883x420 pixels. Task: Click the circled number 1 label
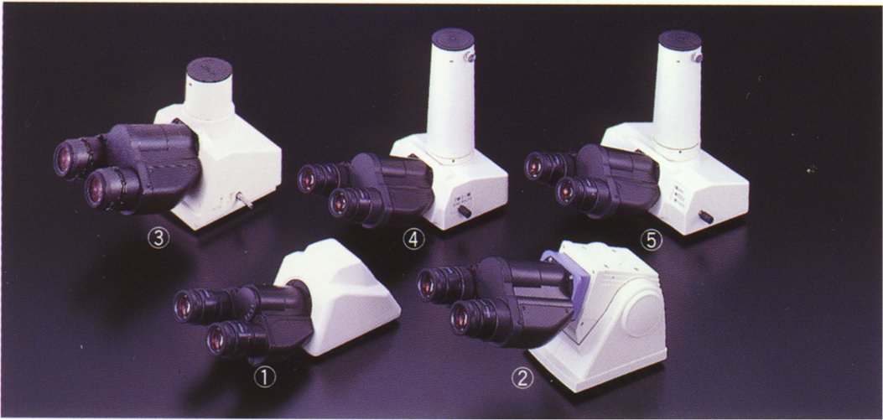pyautogui.click(x=264, y=378)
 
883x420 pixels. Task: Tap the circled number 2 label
pyautogui.click(x=522, y=378)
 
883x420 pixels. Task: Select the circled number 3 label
pyautogui.click(x=158, y=239)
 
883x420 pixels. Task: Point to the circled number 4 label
pyautogui.click(x=413, y=240)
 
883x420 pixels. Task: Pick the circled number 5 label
pyautogui.click(x=651, y=241)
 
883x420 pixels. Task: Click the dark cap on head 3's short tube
pyautogui.click(x=210, y=70)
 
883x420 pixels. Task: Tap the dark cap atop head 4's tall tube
pyautogui.click(x=453, y=39)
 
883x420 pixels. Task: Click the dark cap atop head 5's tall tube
pyautogui.click(x=680, y=41)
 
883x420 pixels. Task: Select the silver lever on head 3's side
pyautogui.click(x=244, y=200)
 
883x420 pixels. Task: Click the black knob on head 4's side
pyautogui.click(x=465, y=212)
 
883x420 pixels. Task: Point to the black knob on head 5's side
pyautogui.click(x=705, y=216)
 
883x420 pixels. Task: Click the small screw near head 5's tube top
pyautogui.click(x=697, y=57)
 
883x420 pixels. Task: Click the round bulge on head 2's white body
pyautogui.click(x=642, y=314)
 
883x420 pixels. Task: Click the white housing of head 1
pyautogui.click(x=344, y=298)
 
